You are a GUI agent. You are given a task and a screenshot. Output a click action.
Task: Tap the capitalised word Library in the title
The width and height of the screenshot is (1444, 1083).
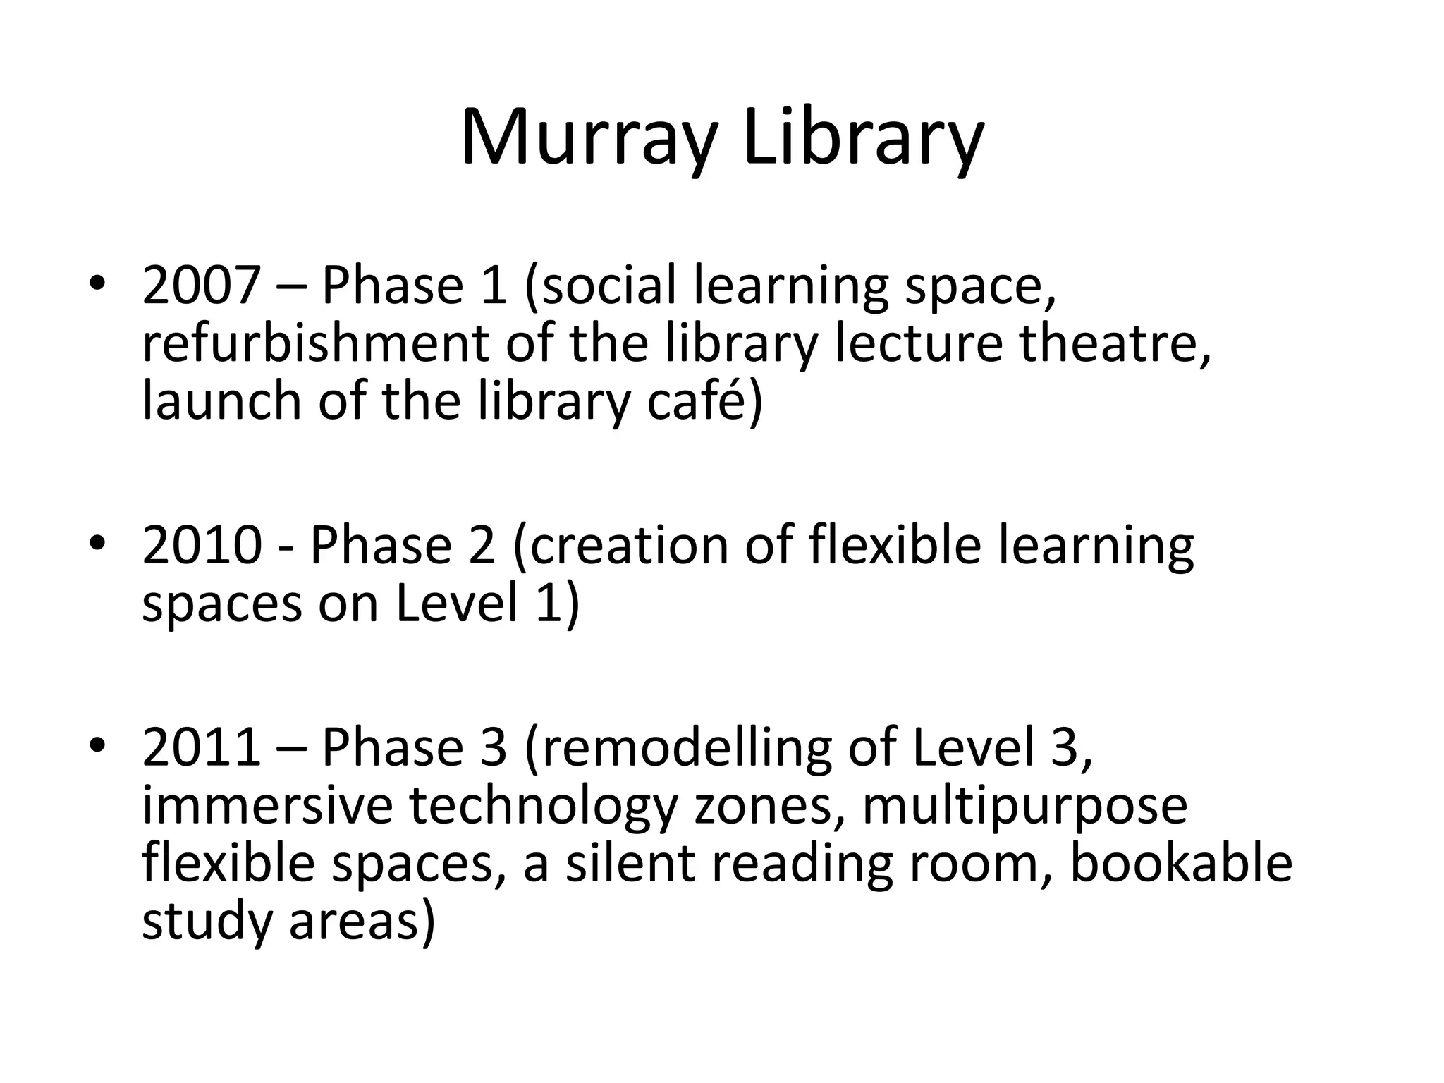863,137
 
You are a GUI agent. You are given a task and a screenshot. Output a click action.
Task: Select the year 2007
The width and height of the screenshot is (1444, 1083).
201,286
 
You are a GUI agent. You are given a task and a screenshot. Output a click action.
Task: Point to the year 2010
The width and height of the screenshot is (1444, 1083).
201,546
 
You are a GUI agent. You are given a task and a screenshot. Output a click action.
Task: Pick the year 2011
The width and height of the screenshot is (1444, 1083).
201,748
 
